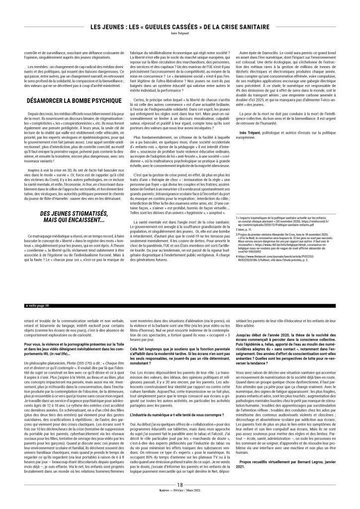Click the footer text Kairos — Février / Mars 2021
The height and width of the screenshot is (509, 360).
(180, 504)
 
